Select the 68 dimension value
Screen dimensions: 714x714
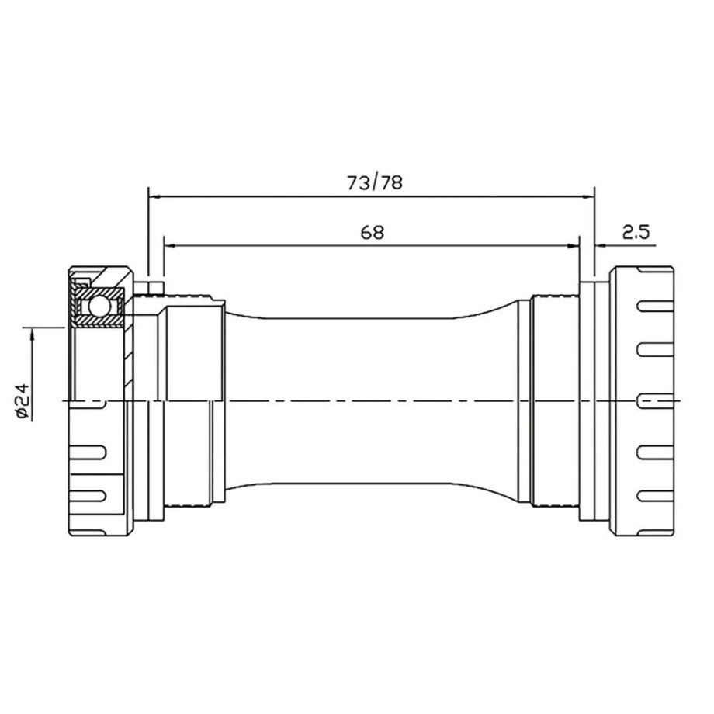373,232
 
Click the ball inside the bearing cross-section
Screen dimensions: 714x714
98,308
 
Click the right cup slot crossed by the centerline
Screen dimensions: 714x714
649,400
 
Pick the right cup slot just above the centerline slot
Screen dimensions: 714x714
649,349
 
